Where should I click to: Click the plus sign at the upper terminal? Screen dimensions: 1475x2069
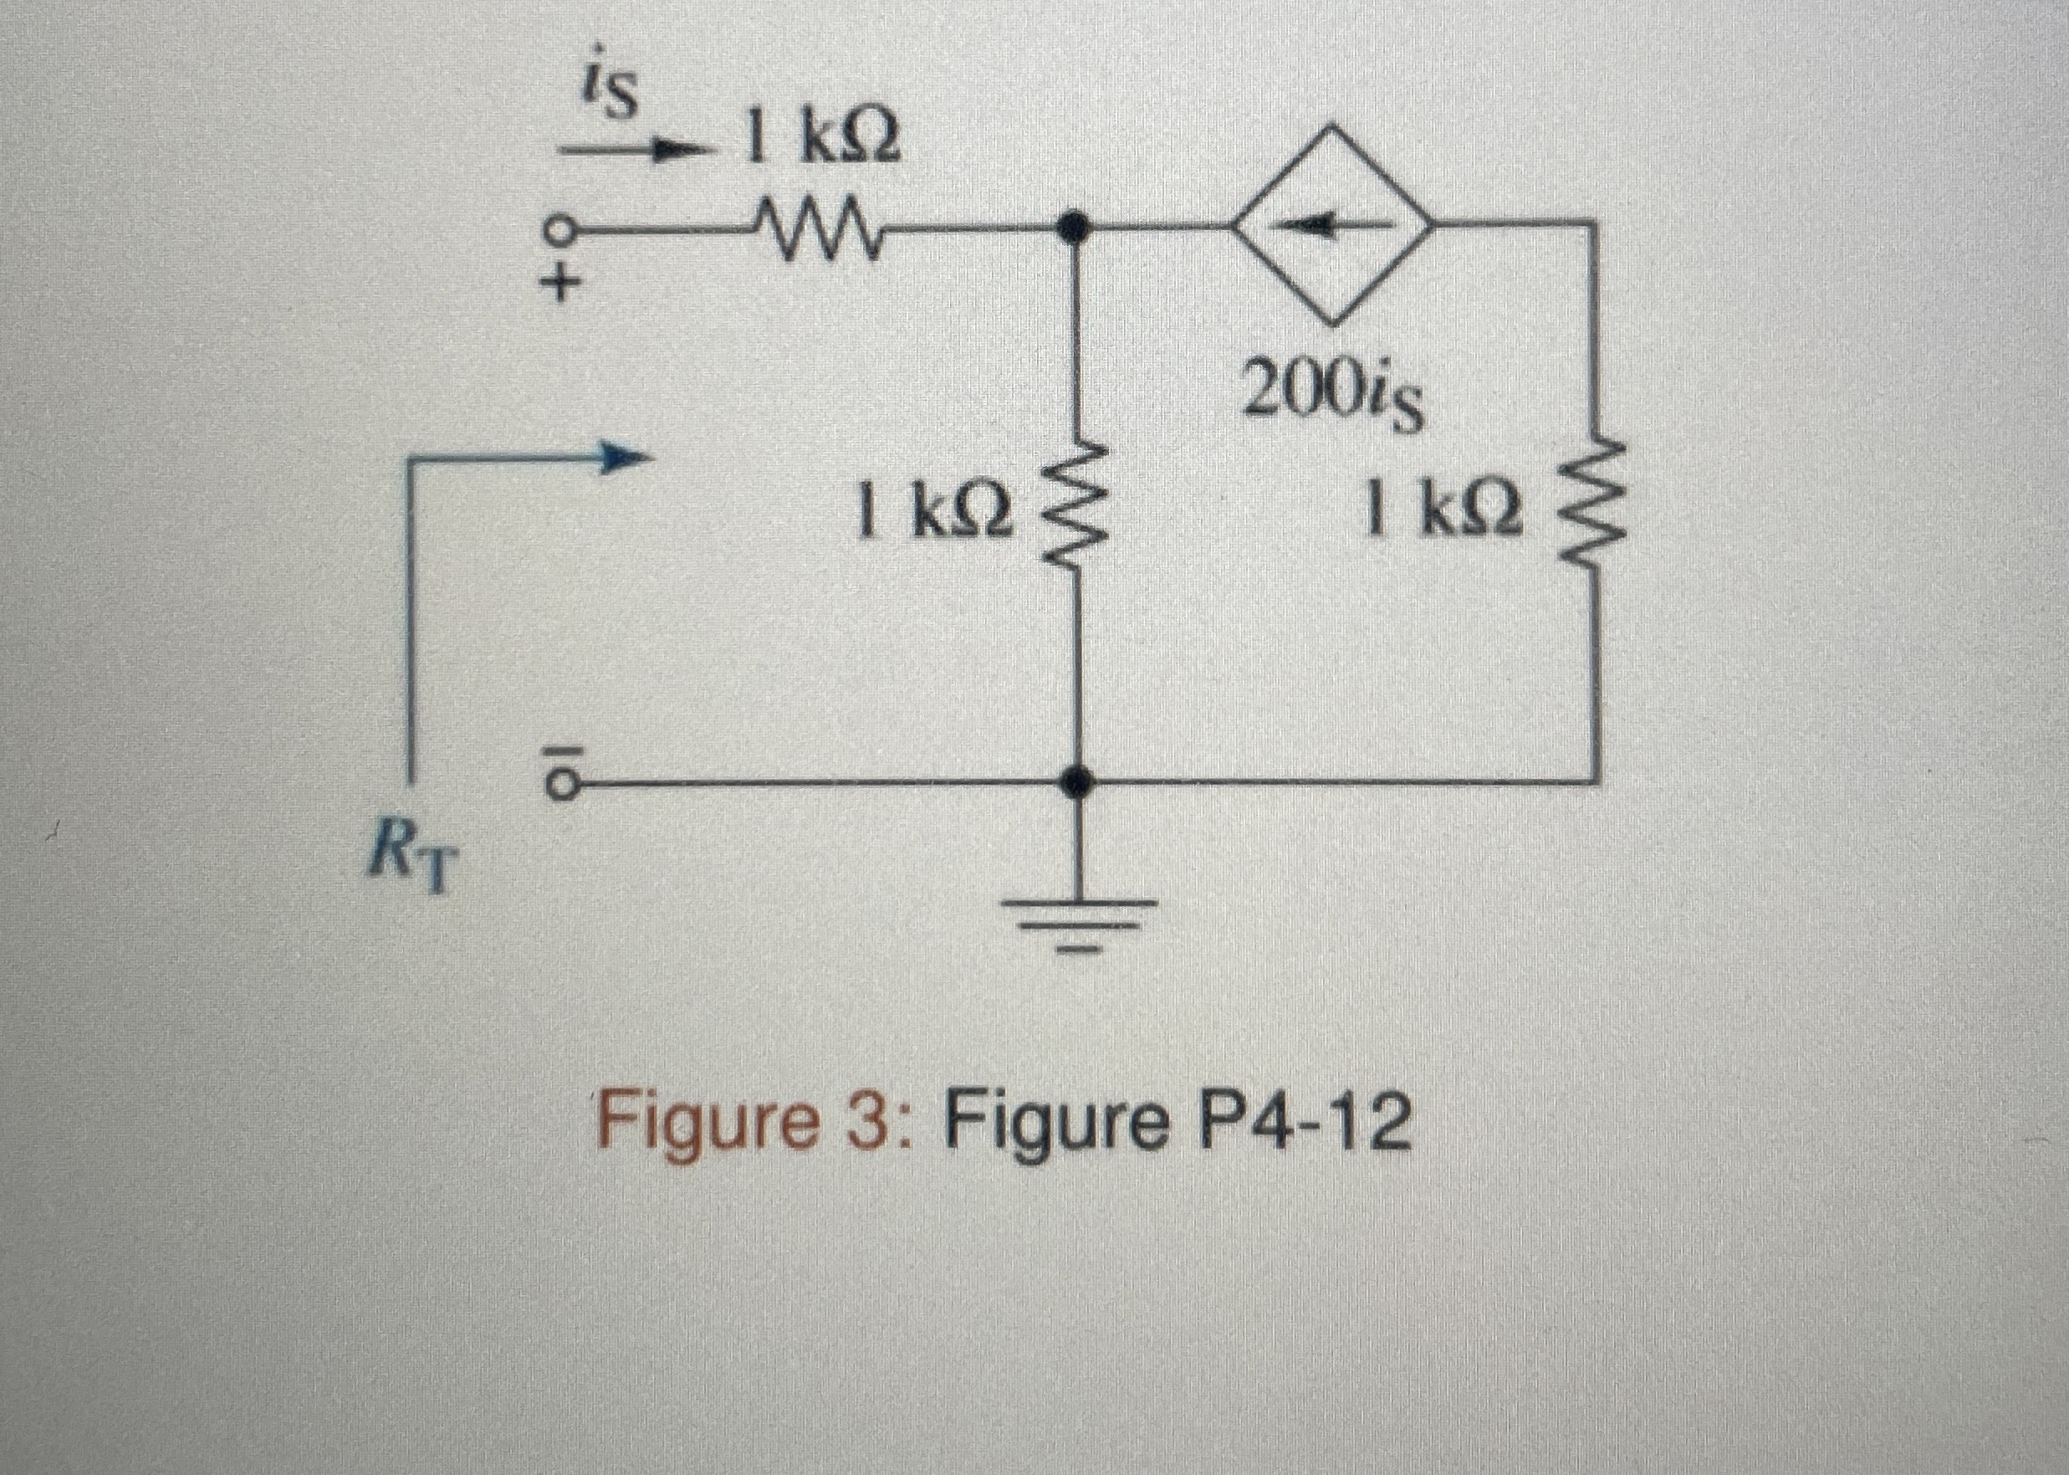pyautogui.click(x=562, y=285)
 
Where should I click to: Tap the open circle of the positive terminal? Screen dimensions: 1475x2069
pyautogui.click(x=562, y=232)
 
